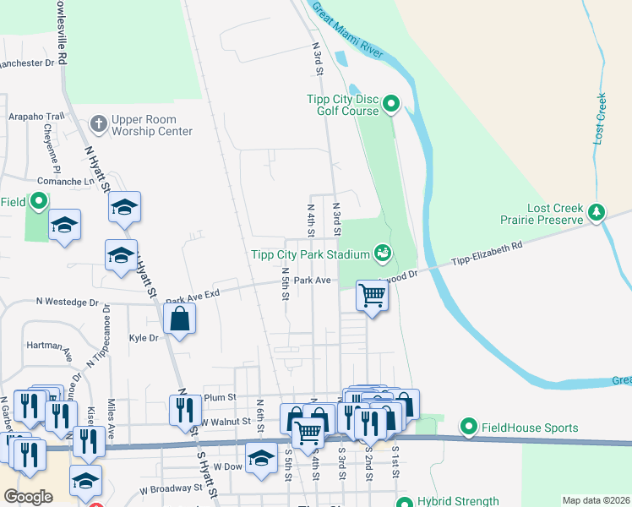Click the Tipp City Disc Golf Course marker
pyautogui.click(x=390, y=105)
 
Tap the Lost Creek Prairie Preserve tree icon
pyautogui.click(x=597, y=212)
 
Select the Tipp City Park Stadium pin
pyautogui.click(x=382, y=253)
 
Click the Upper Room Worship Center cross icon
pyautogui.click(x=99, y=124)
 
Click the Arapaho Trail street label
pyautogui.click(x=36, y=117)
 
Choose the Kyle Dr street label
pyautogui.click(x=144, y=337)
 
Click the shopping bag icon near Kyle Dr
pyautogui.click(x=179, y=319)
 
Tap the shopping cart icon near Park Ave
pyautogui.click(x=372, y=296)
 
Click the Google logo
pyautogui.click(x=28, y=497)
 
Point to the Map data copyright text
pyautogui.click(x=595, y=500)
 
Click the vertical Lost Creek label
pyautogui.click(x=601, y=118)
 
